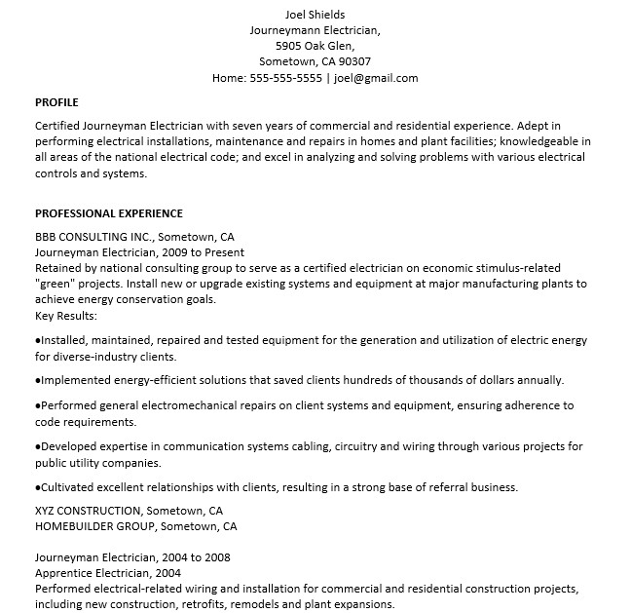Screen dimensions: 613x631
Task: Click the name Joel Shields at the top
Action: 315,15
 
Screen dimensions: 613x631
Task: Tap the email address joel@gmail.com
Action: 376,78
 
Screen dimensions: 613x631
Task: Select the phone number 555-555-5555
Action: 285,78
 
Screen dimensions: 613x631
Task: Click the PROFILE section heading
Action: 56,102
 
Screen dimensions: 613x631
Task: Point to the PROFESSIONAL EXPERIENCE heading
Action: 109,213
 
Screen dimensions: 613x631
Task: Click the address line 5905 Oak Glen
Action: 315,46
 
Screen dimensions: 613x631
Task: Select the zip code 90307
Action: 354,61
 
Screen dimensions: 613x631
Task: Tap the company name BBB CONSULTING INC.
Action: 93,237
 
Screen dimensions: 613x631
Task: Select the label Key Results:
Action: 66,316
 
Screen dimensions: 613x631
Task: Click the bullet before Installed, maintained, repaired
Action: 38,340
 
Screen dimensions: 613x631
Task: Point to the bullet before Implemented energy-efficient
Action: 38,380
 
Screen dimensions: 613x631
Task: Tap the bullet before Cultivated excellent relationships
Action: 38,487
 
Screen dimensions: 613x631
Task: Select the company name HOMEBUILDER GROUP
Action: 95,526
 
